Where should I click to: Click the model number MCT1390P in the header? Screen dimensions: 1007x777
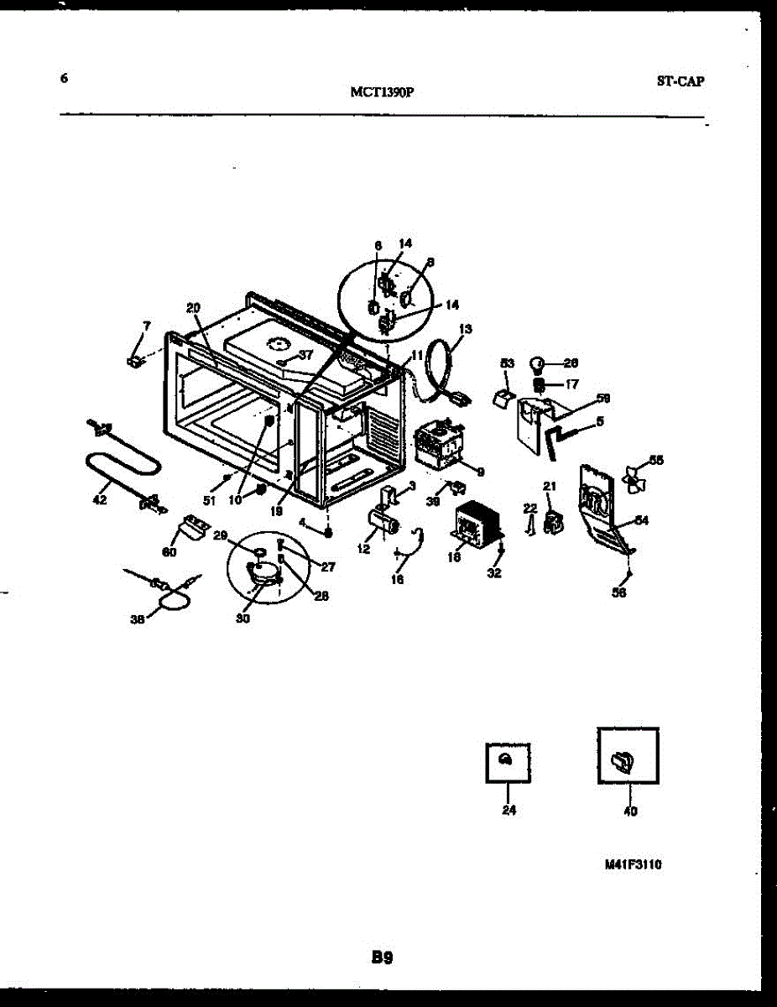point(382,93)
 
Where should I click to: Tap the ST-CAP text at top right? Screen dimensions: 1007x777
point(680,81)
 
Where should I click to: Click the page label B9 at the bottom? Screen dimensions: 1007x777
point(383,956)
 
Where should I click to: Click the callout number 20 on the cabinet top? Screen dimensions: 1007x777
point(193,308)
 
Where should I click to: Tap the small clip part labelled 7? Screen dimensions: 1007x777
point(133,361)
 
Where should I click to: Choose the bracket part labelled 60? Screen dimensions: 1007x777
point(192,530)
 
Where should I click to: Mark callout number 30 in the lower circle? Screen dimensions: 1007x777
point(242,619)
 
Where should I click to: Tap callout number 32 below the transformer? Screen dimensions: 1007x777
point(494,574)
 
